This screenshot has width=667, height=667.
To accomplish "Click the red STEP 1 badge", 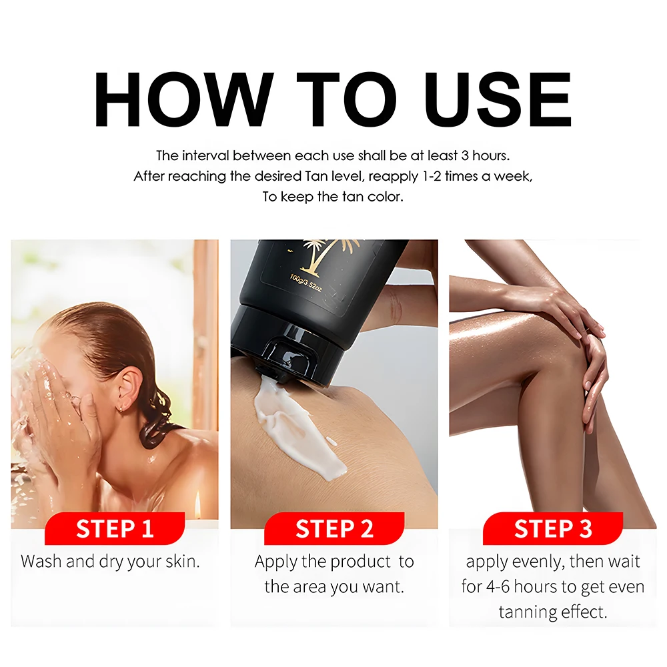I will (x=115, y=529).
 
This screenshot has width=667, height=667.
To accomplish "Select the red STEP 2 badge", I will (x=334, y=529).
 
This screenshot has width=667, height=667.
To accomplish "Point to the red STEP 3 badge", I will (x=553, y=529).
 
